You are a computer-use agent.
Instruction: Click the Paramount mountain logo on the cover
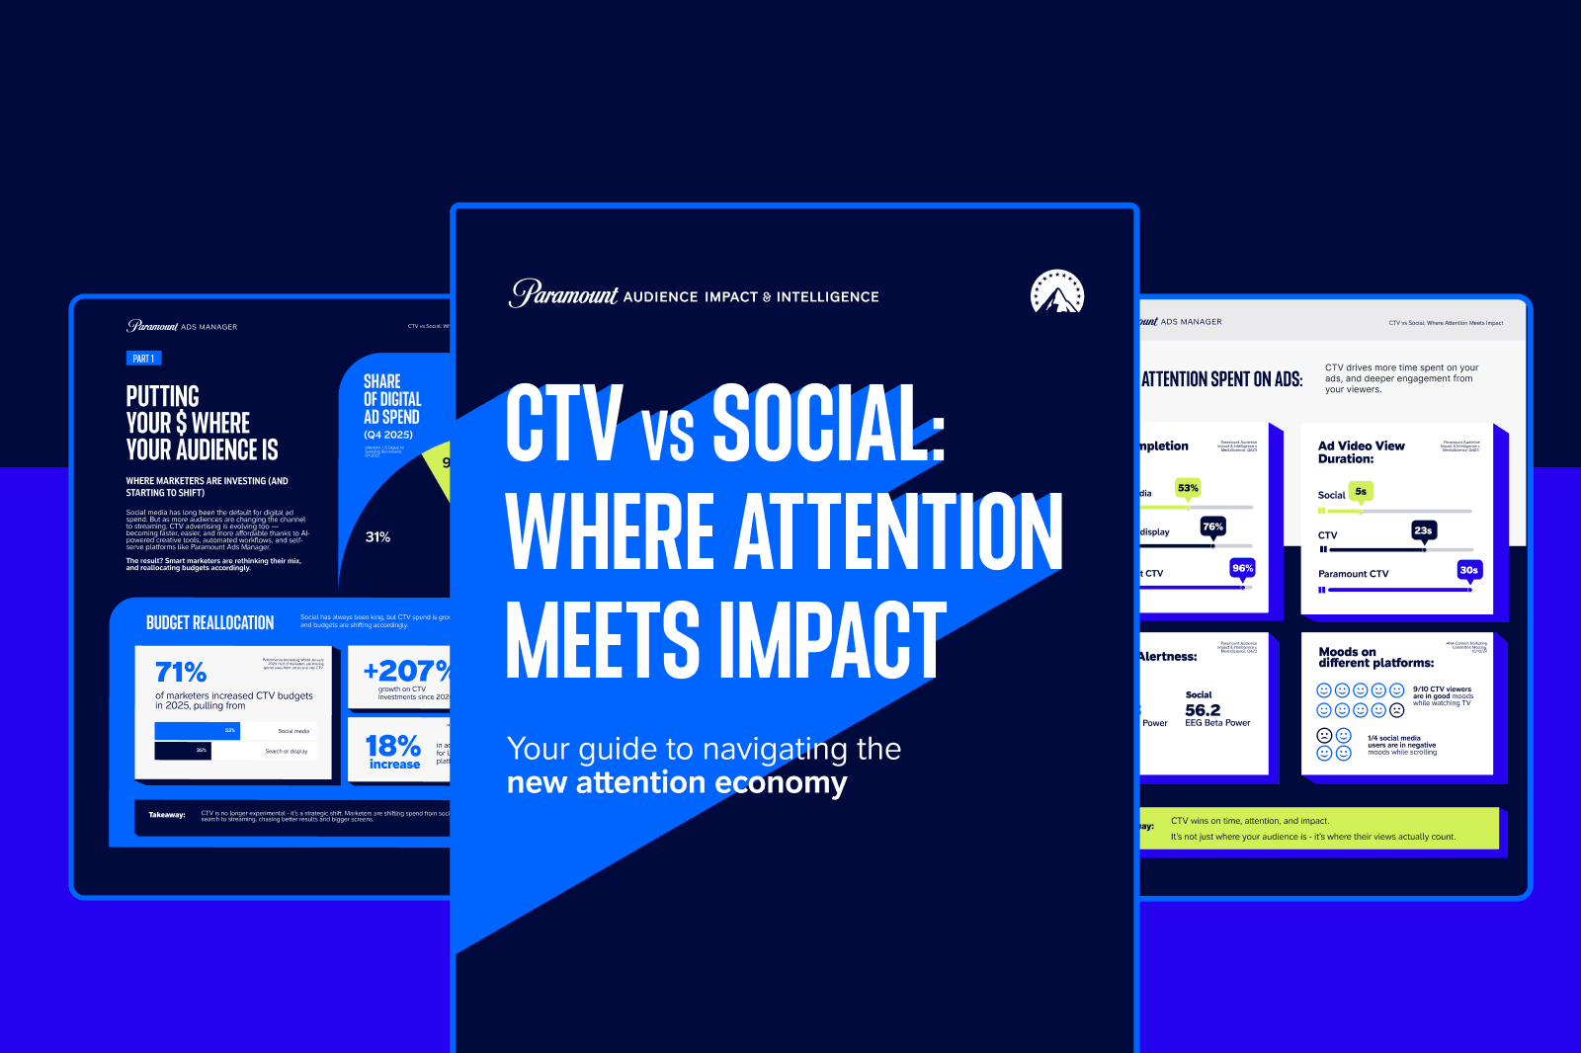[x=1057, y=292]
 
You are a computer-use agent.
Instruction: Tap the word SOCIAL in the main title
[x=828, y=424]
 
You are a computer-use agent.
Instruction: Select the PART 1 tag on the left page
[x=143, y=359]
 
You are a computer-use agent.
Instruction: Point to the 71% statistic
[x=181, y=673]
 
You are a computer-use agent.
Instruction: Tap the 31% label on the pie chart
[x=377, y=537]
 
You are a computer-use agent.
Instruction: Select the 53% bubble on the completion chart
[x=1188, y=488]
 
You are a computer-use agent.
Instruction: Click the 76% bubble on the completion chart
[x=1212, y=526]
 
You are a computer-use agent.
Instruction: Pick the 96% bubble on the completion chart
[x=1242, y=568]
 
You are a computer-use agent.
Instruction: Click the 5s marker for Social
[x=1361, y=491]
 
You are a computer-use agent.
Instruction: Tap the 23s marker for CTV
[x=1423, y=530]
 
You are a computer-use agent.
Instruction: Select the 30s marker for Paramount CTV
[x=1468, y=570]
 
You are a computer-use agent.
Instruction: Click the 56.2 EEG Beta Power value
[x=1203, y=710]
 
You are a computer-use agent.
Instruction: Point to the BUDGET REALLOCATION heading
[x=209, y=623]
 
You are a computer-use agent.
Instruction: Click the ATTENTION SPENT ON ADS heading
[x=1221, y=379]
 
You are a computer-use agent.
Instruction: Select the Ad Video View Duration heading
[x=1361, y=452]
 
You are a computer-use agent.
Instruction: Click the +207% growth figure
[x=406, y=671]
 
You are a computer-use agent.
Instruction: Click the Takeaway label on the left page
[x=167, y=815]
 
